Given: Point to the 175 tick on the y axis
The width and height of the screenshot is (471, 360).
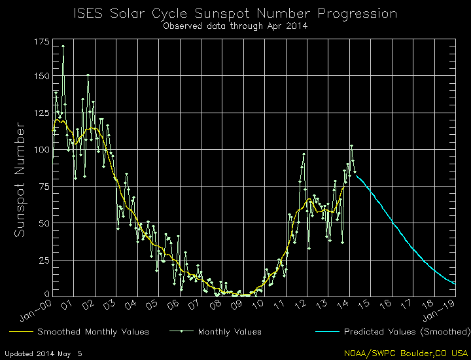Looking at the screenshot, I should coord(41,42).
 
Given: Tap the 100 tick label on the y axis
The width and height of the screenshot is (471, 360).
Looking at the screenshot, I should coord(41,149).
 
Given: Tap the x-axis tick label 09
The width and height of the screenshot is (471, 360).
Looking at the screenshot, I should coord(243,304).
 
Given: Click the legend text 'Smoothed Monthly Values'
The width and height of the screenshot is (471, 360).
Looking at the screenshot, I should coord(93,332).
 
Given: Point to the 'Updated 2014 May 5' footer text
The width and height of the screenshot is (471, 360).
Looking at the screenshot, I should coord(47,353).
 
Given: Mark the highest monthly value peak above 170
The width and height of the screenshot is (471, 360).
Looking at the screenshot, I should coord(63,46).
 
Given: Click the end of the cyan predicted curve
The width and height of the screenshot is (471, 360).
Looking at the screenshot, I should coord(455,283).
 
